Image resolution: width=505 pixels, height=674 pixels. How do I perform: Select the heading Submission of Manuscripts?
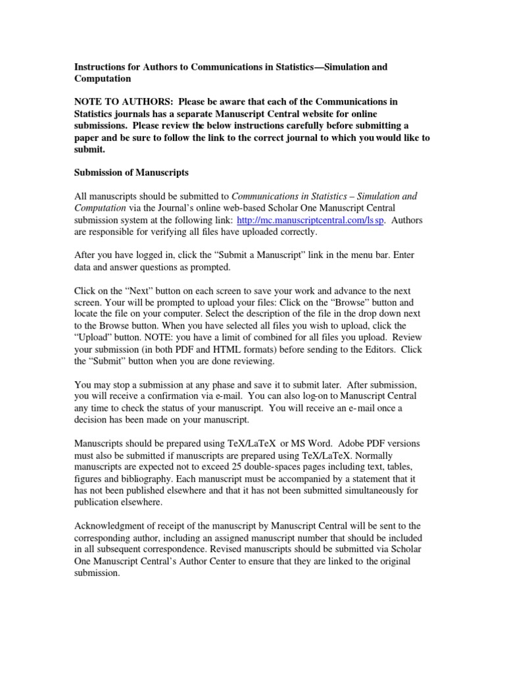click(x=132, y=172)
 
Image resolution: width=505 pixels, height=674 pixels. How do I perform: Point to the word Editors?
click(x=377, y=350)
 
